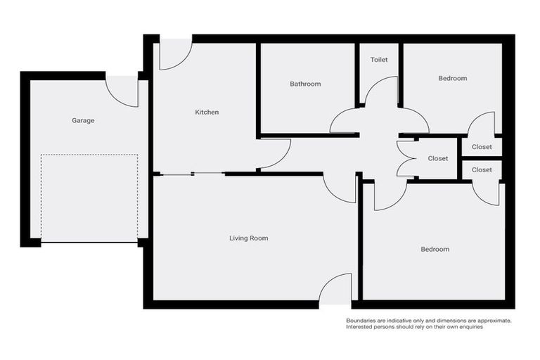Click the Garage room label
click(83, 120)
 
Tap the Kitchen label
click(207, 112)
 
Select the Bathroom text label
click(305, 84)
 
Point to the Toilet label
click(379, 60)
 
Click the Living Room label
click(249, 238)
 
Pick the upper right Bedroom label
click(453, 78)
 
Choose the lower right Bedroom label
click(435, 250)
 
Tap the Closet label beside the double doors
click(438, 159)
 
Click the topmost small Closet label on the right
click(482, 147)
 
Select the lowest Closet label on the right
click(482, 170)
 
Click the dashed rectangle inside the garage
click(89, 199)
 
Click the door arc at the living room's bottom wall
click(336, 288)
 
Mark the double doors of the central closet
click(406, 159)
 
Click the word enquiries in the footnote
click(468, 328)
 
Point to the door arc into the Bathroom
click(345, 121)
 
